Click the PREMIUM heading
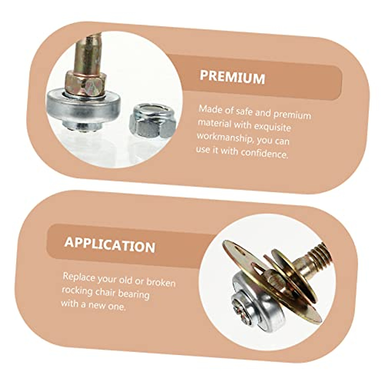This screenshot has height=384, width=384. point(232,77)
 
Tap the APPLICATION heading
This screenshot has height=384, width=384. point(110,245)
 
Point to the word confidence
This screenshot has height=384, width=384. point(264,154)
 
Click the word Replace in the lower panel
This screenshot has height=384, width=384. point(79,277)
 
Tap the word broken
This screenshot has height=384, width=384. point(161,282)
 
